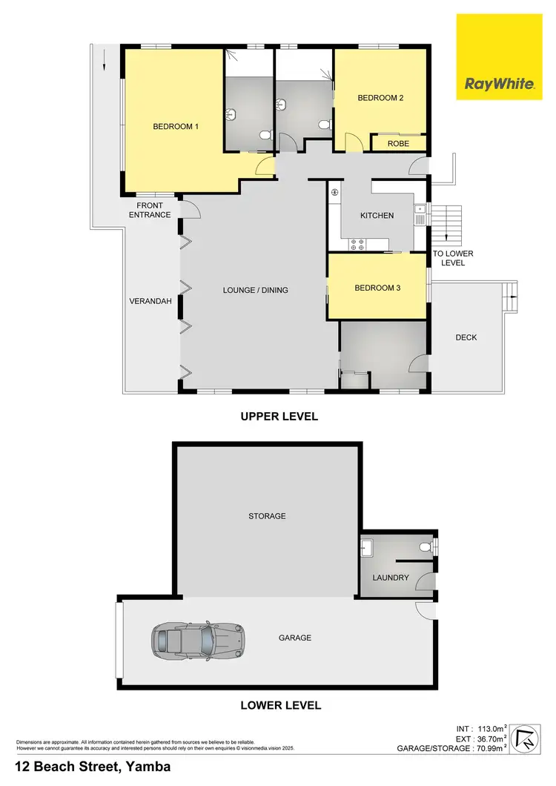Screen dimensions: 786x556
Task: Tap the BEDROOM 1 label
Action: tap(176, 127)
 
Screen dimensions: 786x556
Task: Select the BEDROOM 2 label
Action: tap(380, 98)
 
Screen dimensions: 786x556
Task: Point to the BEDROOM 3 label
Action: tap(377, 288)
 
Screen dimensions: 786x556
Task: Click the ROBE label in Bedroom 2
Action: tap(398, 144)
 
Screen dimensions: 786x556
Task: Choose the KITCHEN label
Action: tap(377, 216)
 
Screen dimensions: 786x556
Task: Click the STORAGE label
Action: tap(268, 516)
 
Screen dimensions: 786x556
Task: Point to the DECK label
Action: tap(466, 337)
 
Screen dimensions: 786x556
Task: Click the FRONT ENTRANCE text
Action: tap(150, 211)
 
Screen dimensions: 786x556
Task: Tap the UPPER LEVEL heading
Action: tap(279, 417)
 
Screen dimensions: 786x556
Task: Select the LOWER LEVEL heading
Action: tap(280, 705)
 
